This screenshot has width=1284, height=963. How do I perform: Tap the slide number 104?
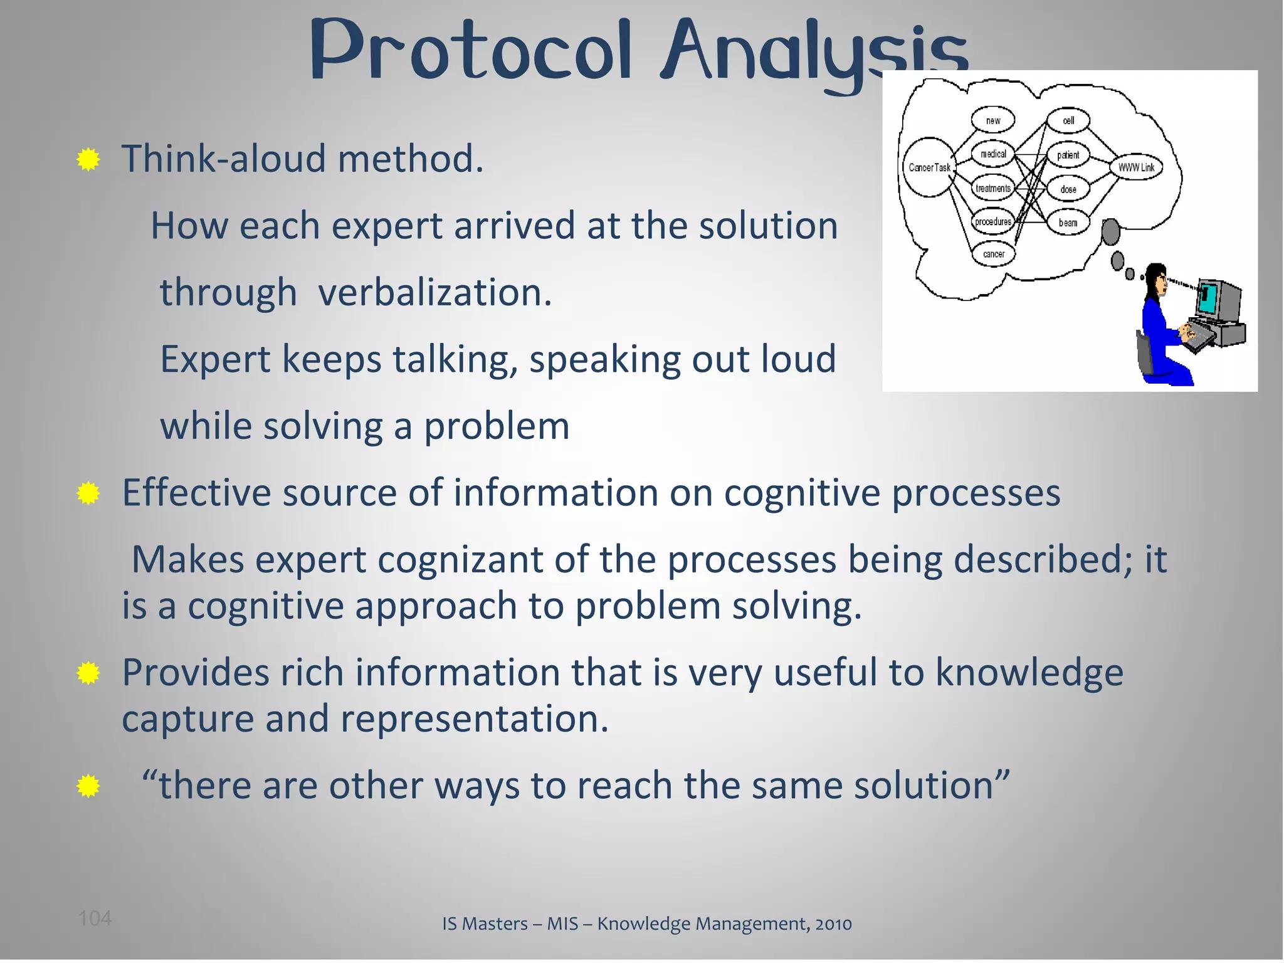[95, 918]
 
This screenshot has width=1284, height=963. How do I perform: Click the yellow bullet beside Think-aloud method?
[88, 160]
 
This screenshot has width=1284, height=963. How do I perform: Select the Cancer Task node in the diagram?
[929, 167]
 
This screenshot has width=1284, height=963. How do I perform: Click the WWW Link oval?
[1136, 167]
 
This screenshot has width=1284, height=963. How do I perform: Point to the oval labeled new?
[993, 120]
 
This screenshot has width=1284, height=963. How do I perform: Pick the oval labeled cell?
[1068, 120]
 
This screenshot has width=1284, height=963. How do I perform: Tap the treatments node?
[993, 188]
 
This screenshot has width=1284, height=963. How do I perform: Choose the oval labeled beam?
[1068, 223]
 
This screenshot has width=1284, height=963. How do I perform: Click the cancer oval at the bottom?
[993, 254]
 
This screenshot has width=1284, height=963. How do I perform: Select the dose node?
[1068, 189]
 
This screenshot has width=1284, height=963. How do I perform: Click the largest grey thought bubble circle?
[1110, 232]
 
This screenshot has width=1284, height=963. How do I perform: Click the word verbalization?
[434, 293]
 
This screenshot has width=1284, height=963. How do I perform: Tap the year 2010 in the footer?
[833, 924]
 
